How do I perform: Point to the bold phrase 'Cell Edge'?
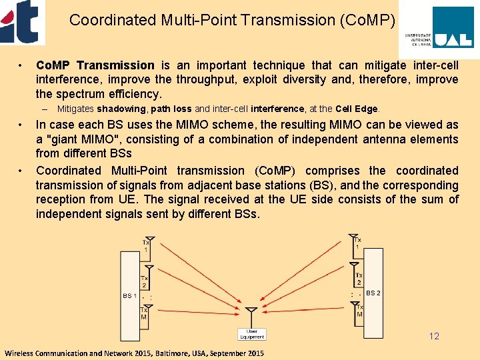coord(357,109)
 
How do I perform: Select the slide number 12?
coord(434,336)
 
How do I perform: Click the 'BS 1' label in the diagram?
coord(129,295)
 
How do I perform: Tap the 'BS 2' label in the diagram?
coord(373,293)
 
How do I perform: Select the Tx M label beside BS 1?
coord(144,313)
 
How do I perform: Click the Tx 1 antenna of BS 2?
coord(353,237)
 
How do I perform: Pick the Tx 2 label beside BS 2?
coord(359,279)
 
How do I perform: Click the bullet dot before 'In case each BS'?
coord(22,125)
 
